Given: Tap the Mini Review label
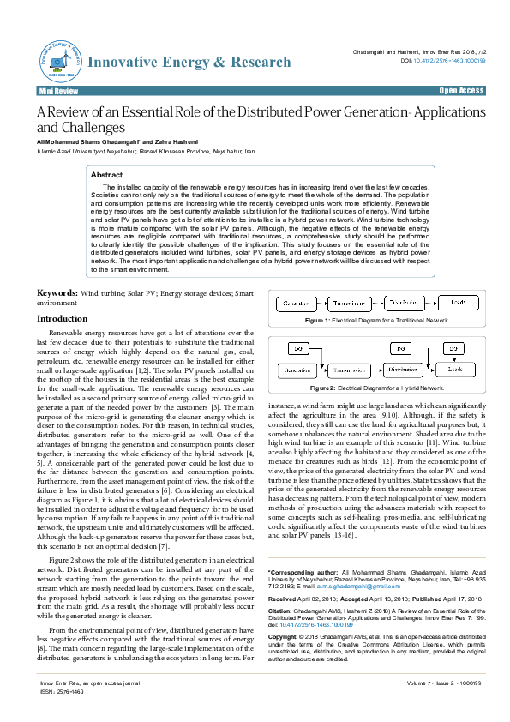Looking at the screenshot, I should coord(56,90).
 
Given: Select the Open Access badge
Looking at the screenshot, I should coord(461,90).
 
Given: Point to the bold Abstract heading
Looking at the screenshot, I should coord(107,175).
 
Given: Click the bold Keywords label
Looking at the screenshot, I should coord(57,293).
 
